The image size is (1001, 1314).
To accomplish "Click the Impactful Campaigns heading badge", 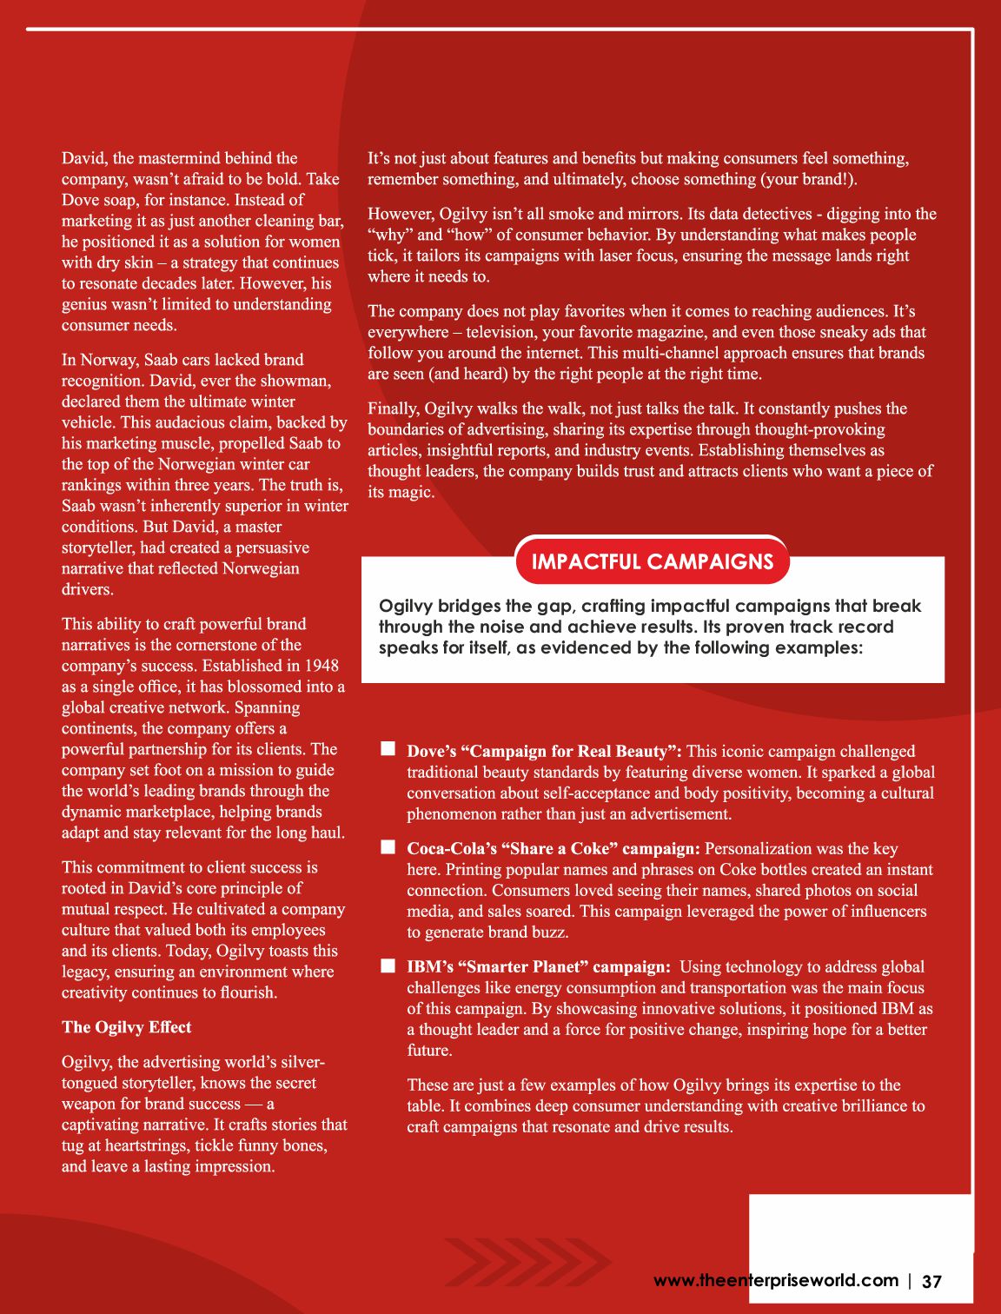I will coord(652,561).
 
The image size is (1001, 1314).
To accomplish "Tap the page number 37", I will coord(931,1282).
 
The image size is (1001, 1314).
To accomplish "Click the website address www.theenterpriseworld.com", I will coord(775,1280).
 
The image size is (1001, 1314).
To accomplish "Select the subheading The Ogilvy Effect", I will coord(126,1027).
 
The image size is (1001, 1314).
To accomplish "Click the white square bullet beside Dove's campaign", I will coord(388,749).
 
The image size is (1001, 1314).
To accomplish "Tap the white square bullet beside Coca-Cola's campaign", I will coord(388,846).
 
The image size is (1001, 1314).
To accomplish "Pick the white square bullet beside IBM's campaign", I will coord(388,965).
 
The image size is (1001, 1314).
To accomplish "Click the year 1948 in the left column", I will coord(322,666).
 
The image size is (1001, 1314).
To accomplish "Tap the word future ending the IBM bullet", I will coord(428,1051).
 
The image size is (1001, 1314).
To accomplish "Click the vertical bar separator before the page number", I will coord(910,1281).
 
